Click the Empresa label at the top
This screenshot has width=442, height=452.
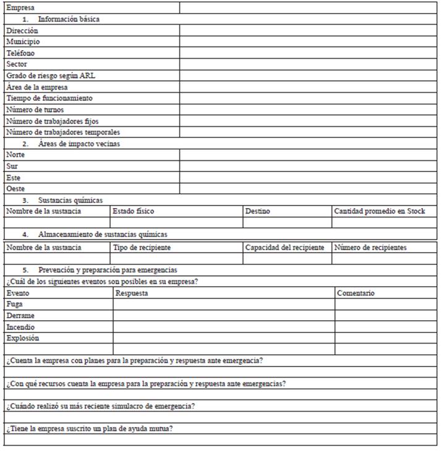point(20,8)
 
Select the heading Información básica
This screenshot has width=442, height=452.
point(69,19)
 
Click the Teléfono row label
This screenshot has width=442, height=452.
point(20,53)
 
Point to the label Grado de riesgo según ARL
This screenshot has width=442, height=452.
point(51,76)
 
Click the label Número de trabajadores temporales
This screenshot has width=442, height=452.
point(63,132)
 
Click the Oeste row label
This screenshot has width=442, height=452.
point(16,188)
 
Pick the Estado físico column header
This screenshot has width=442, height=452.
point(134,211)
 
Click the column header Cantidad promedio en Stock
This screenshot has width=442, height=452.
point(380,211)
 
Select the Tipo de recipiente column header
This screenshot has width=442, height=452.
point(142,248)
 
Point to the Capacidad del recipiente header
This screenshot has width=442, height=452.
point(284,248)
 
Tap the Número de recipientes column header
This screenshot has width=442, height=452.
point(370,248)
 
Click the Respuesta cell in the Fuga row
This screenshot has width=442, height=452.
point(224,305)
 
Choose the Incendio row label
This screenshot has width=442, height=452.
point(20,327)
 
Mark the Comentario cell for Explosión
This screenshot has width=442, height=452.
point(386,338)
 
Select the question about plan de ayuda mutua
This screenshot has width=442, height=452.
point(89,428)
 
